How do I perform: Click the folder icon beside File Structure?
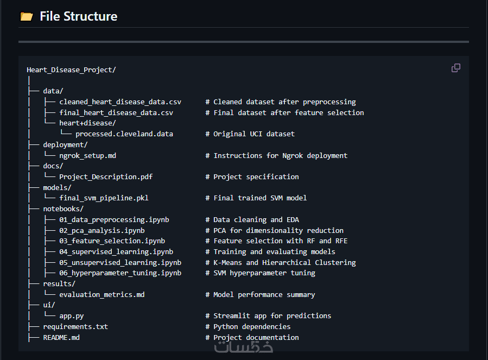[x=26, y=16]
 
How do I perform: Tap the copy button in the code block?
[x=456, y=68]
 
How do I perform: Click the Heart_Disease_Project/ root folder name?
[x=71, y=70]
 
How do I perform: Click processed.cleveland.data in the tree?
[x=124, y=134]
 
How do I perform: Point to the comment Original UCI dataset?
[x=253, y=134]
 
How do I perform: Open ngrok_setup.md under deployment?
[x=87, y=155]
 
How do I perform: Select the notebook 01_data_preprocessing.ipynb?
[x=114, y=219]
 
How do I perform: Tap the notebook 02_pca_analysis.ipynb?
[x=102, y=230]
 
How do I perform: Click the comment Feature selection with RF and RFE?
[x=280, y=241]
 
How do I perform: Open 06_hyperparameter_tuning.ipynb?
[x=120, y=273]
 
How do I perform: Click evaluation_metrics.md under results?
[x=102, y=294]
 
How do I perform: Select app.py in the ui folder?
[x=71, y=315]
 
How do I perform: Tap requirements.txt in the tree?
[x=75, y=326]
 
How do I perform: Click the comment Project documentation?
[x=256, y=337]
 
